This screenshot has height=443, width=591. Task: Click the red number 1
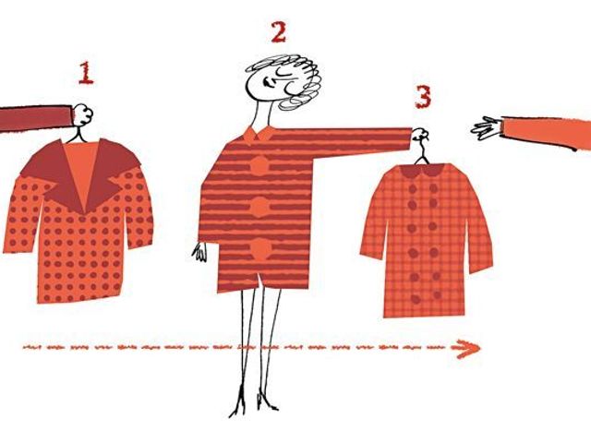click(x=86, y=73)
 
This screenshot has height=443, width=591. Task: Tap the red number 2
click(x=279, y=32)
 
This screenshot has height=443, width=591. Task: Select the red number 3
click(x=423, y=97)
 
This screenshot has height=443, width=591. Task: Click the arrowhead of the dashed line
click(x=466, y=349)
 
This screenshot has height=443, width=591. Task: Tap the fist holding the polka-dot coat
click(x=82, y=114)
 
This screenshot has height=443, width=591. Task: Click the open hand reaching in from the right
click(x=488, y=128)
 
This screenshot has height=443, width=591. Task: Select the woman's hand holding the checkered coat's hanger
click(x=419, y=135)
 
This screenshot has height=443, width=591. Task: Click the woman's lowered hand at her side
click(x=199, y=252)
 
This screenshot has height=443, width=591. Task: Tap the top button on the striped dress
click(x=259, y=166)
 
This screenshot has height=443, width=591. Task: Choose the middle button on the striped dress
click(x=259, y=207)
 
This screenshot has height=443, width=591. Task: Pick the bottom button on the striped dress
click(x=260, y=249)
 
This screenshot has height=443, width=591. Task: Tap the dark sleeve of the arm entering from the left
click(x=36, y=118)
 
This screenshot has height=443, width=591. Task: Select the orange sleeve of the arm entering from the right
click(x=547, y=132)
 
